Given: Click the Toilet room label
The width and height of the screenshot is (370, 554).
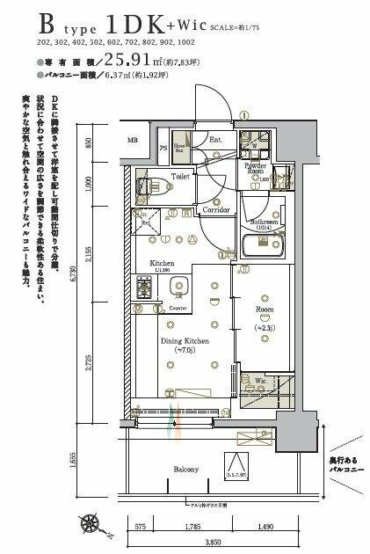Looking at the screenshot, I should click(x=180, y=177).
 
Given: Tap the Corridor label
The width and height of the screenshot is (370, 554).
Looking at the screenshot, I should click(x=216, y=211).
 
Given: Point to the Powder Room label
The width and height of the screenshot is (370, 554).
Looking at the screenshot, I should click(x=259, y=169).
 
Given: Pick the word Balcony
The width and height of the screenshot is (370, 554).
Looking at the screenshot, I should click(x=185, y=469).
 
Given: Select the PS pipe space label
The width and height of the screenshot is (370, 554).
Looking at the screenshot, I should click(x=163, y=148).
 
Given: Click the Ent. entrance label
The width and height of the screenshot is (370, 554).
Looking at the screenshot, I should click(x=215, y=140).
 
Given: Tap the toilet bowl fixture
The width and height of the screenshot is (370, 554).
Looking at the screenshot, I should click(x=146, y=184).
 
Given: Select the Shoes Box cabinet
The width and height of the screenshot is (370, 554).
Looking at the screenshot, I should click(x=180, y=149).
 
